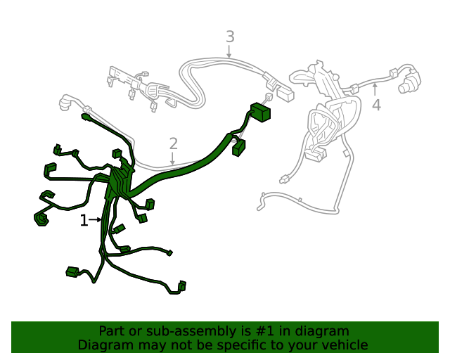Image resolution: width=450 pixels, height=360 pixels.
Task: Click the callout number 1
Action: click(84, 221)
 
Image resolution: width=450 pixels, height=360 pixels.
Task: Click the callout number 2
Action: click(174, 144)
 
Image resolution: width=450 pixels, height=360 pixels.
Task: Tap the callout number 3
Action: click(229, 37)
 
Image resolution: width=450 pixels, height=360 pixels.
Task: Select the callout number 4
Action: click(376, 105)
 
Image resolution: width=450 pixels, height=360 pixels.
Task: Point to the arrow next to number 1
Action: click(96, 220)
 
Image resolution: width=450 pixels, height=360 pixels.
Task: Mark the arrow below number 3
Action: click(229, 52)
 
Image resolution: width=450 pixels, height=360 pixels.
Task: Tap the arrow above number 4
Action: click(375, 89)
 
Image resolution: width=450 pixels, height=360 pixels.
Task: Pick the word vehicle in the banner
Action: click(344, 345)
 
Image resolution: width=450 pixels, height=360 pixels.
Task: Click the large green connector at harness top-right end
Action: click(261, 112)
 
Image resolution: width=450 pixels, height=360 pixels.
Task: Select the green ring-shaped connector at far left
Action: click(40, 220)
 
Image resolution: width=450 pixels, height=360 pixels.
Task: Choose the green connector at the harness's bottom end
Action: click(182, 286)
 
